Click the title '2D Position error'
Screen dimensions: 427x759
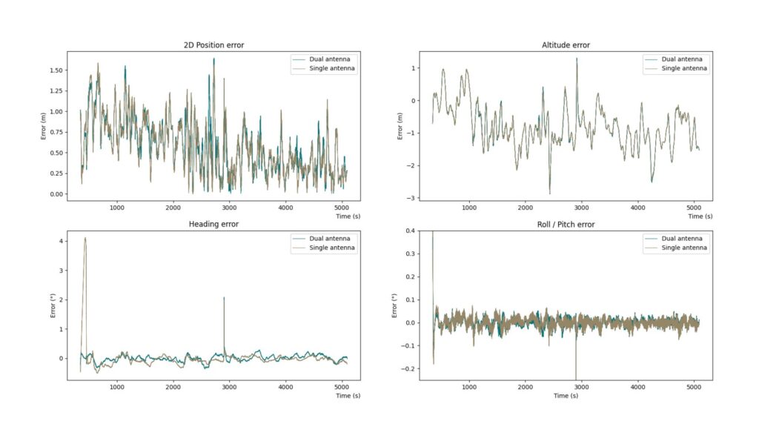coord(213,45)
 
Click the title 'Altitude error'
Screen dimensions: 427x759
coord(566,45)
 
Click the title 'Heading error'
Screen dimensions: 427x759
coord(213,225)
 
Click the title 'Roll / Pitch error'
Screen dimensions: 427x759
coord(566,225)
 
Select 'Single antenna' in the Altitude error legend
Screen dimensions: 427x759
coord(684,68)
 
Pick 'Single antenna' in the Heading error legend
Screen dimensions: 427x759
coord(333,248)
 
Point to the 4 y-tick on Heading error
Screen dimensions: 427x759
coord(59,241)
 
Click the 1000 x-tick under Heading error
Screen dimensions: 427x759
coord(117,387)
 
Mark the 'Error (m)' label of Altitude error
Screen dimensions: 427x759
coord(400,125)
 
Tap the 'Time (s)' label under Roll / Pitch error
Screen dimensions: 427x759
coord(566,396)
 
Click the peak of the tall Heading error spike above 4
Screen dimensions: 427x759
coord(85,238)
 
